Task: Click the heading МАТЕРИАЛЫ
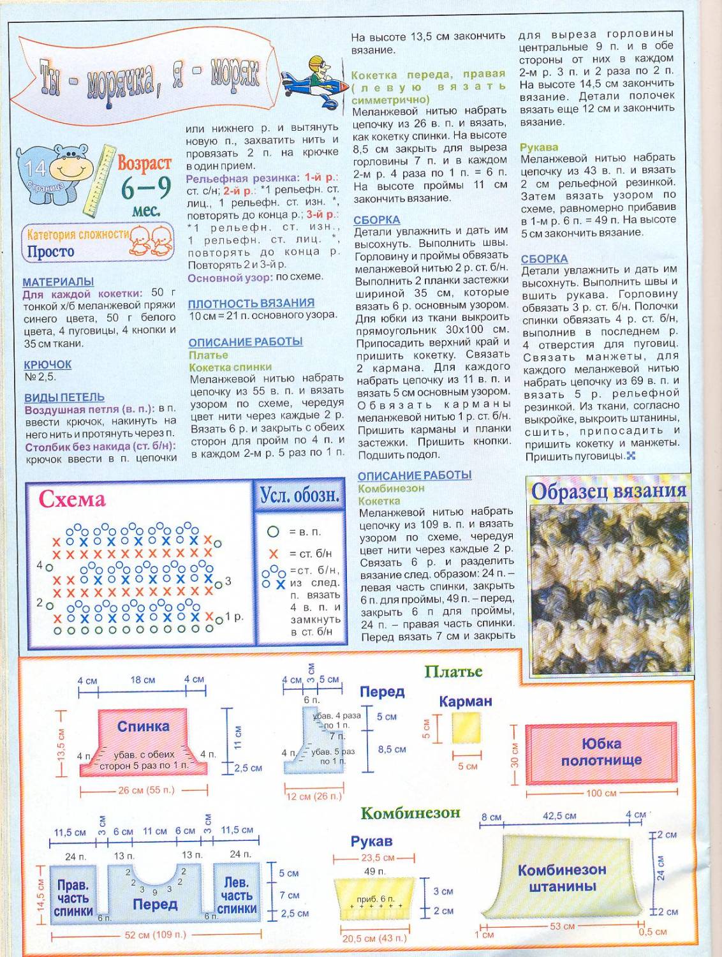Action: tap(58, 281)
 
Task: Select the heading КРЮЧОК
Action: tap(47, 364)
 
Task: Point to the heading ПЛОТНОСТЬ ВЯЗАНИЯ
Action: tap(251, 303)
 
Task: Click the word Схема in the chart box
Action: tap(71, 500)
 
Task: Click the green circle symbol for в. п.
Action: tap(273, 531)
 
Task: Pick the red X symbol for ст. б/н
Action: tap(274, 554)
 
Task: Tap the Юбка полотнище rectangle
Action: tap(601, 753)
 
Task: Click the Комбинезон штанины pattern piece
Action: tap(561, 877)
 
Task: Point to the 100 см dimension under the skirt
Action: tap(601, 793)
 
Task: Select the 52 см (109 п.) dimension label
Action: tap(155, 935)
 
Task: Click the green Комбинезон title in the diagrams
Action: tap(409, 813)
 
